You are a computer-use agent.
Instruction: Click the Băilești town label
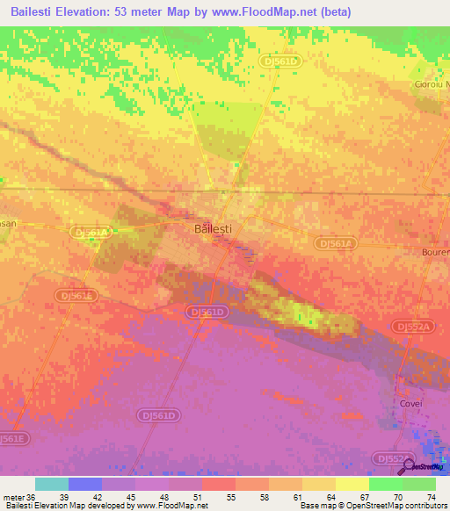tap(212, 228)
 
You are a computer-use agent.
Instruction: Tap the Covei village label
tap(410, 403)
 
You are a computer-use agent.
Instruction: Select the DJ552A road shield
tap(413, 327)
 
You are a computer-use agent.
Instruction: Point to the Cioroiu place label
tap(432, 84)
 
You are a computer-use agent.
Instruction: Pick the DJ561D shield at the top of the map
tap(280, 61)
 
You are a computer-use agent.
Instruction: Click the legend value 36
tap(32, 497)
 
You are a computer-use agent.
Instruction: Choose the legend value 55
tap(229, 497)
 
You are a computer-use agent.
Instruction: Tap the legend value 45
tap(131, 497)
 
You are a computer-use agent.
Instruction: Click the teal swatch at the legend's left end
tap(52, 484)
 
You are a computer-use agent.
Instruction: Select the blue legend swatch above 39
tap(85, 484)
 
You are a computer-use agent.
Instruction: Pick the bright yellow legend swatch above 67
tap(352, 484)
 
